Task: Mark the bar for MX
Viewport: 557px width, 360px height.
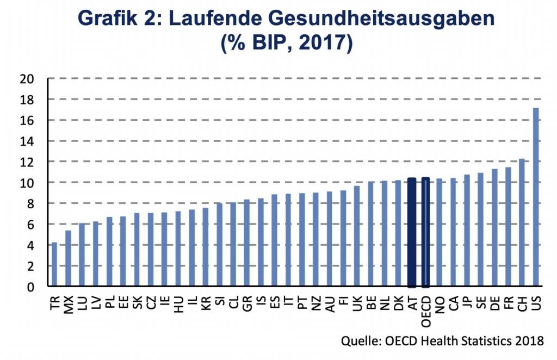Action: (x=68, y=258)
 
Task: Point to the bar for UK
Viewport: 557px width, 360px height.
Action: (x=357, y=236)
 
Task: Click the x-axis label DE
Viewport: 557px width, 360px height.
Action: (x=495, y=299)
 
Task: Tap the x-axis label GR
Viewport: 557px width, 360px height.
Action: (x=247, y=300)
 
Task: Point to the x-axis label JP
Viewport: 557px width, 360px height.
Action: (x=467, y=299)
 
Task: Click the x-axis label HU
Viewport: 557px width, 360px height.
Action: (x=178, y=300)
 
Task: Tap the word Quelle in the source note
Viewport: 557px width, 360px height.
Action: (x=359, y=342)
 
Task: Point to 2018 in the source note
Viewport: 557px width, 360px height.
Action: (x=528, y=342)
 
